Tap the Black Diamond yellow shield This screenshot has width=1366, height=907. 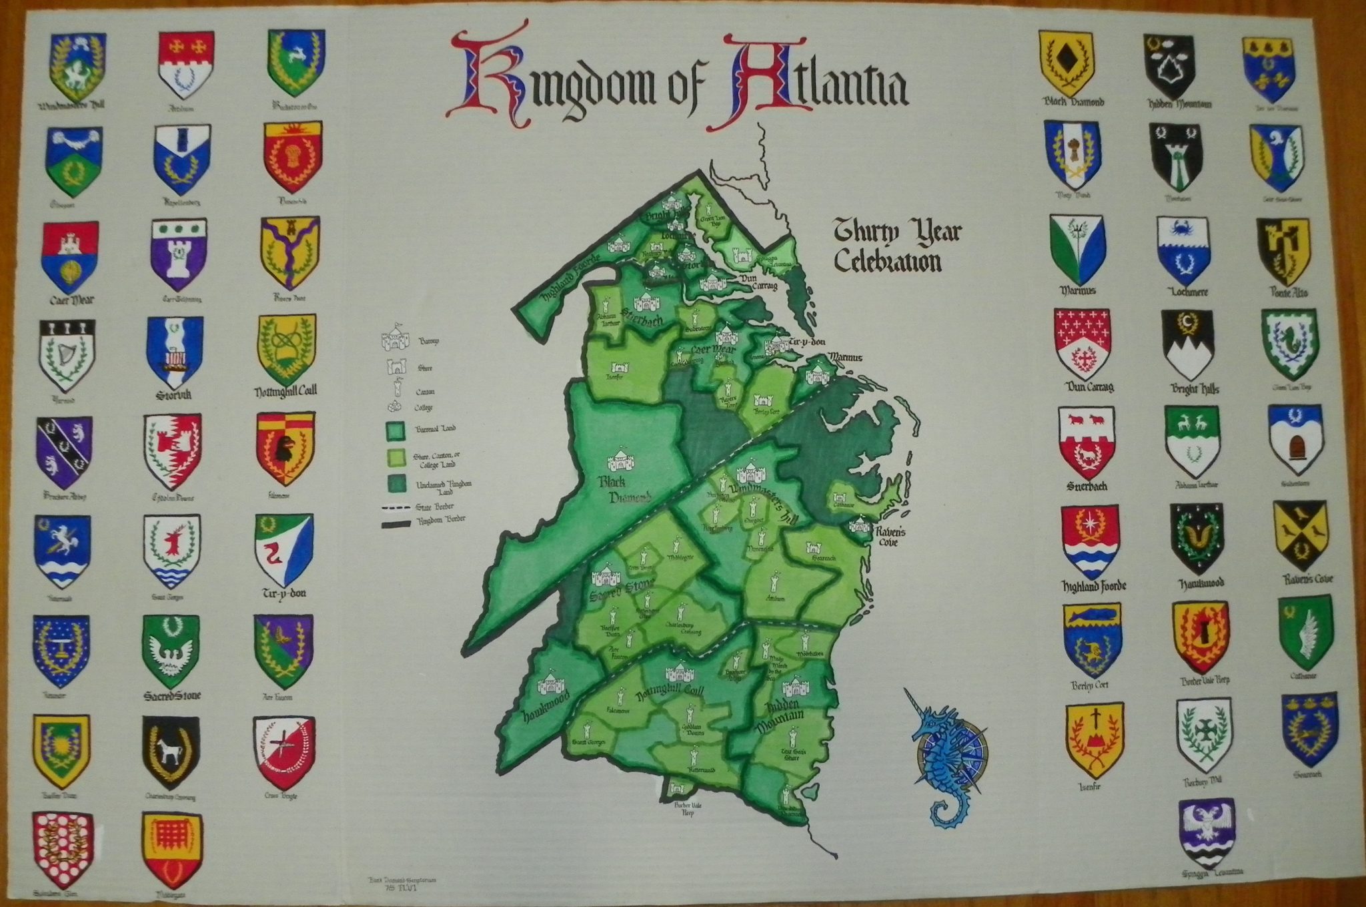(x=1067, y=64)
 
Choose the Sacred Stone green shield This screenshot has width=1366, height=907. (x=171, y=651)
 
